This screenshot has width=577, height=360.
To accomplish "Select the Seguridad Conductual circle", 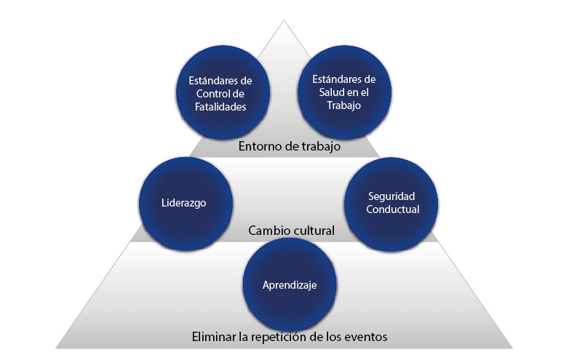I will [392, 203].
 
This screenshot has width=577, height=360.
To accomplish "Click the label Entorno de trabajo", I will [290, 147].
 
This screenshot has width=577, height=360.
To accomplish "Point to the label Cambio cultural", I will [291, 231].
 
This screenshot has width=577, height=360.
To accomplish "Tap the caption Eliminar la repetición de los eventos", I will [290, 337].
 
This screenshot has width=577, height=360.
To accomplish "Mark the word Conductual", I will [392, 210].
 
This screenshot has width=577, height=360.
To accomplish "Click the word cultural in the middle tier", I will [311, 231].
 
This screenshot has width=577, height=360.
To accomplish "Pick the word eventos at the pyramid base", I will [366, 337].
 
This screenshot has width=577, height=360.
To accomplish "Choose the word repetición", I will [275, 337].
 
